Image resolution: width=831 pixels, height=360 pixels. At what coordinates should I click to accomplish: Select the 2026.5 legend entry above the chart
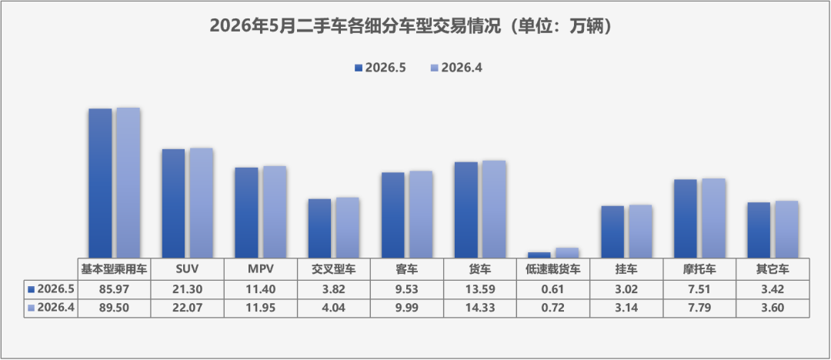(x=381, y=68)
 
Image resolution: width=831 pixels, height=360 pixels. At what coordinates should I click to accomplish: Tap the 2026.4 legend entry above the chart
(x=456, y=68)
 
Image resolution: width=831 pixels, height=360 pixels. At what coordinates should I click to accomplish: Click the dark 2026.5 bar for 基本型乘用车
(x=100, y=183)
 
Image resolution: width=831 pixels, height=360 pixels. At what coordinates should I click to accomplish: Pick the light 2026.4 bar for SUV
(x=202, y=203)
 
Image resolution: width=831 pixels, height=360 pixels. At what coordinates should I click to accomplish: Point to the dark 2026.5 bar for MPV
(x=246, y=212)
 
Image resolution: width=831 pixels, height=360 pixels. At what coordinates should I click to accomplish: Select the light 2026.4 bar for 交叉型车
(x=347, y=228)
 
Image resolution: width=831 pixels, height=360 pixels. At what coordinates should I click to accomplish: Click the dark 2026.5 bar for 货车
(x=466, y=210)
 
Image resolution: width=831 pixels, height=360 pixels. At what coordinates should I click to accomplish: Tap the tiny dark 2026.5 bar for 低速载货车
(x=539, y=255)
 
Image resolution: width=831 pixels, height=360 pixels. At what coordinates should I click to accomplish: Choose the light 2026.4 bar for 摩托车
(x=713, y=218)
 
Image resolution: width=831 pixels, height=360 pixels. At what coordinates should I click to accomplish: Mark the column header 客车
(x=406, y=269)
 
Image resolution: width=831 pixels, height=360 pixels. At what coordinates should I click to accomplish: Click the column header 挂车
(x=626, y=269)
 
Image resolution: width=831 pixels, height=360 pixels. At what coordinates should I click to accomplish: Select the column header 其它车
(x=773, y=269)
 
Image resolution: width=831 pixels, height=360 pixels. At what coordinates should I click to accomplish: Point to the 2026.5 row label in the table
(x=51, y=289)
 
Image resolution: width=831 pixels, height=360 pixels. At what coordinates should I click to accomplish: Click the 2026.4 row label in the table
(x=51, y=308)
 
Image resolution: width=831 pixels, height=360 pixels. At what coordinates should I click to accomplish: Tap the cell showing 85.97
(x=115, y=289)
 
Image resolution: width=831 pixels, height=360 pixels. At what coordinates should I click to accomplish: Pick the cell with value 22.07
(x=187, y=308)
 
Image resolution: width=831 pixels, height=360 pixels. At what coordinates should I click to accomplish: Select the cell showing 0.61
(x=553, y=289)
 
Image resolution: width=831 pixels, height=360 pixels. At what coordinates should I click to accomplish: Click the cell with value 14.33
(x=480, y=308)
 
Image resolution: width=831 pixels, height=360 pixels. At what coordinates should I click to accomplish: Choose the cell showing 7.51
(x=699, y=289)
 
